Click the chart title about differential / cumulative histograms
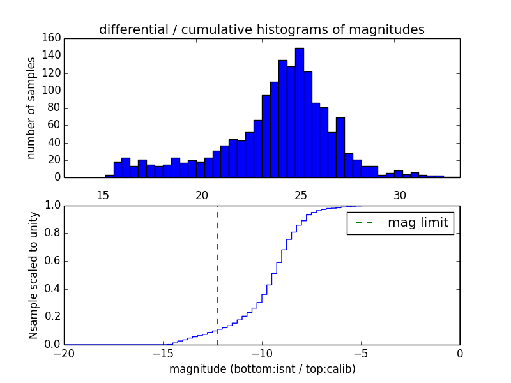click(261, 29)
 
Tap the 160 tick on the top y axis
click(53, 38)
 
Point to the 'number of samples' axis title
click(31, 108)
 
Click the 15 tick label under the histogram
click(102, 195)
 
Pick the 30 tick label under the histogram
click(400, 195)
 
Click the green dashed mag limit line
click(217, 274)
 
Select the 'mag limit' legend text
click(418, 223)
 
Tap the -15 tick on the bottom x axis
click(163, 353)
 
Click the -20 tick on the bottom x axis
click(64, 353)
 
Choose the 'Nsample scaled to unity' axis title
click(33, 274)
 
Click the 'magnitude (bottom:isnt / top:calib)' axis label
click(262, 369)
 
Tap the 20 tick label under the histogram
click(202, 195)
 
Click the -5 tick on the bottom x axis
click(361, 353)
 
